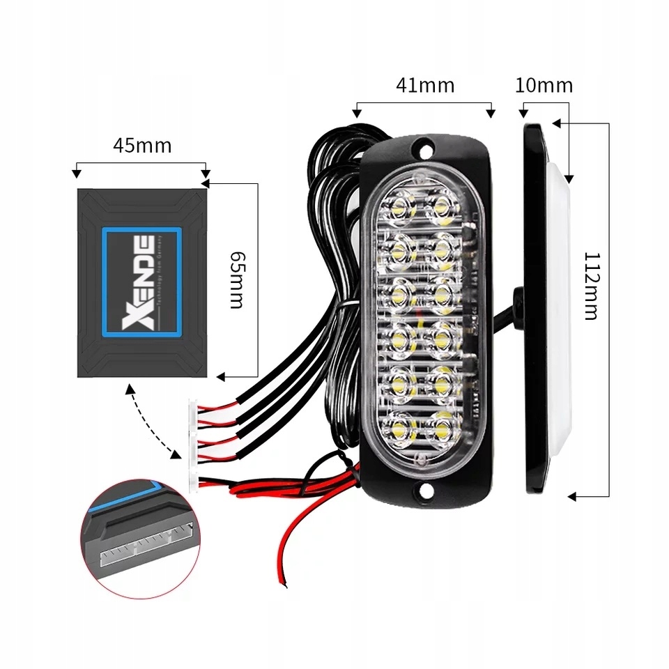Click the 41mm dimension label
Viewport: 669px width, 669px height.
pos(424,85)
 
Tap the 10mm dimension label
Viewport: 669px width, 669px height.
pos(544,85)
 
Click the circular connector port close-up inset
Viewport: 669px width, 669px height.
pos(140,536)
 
